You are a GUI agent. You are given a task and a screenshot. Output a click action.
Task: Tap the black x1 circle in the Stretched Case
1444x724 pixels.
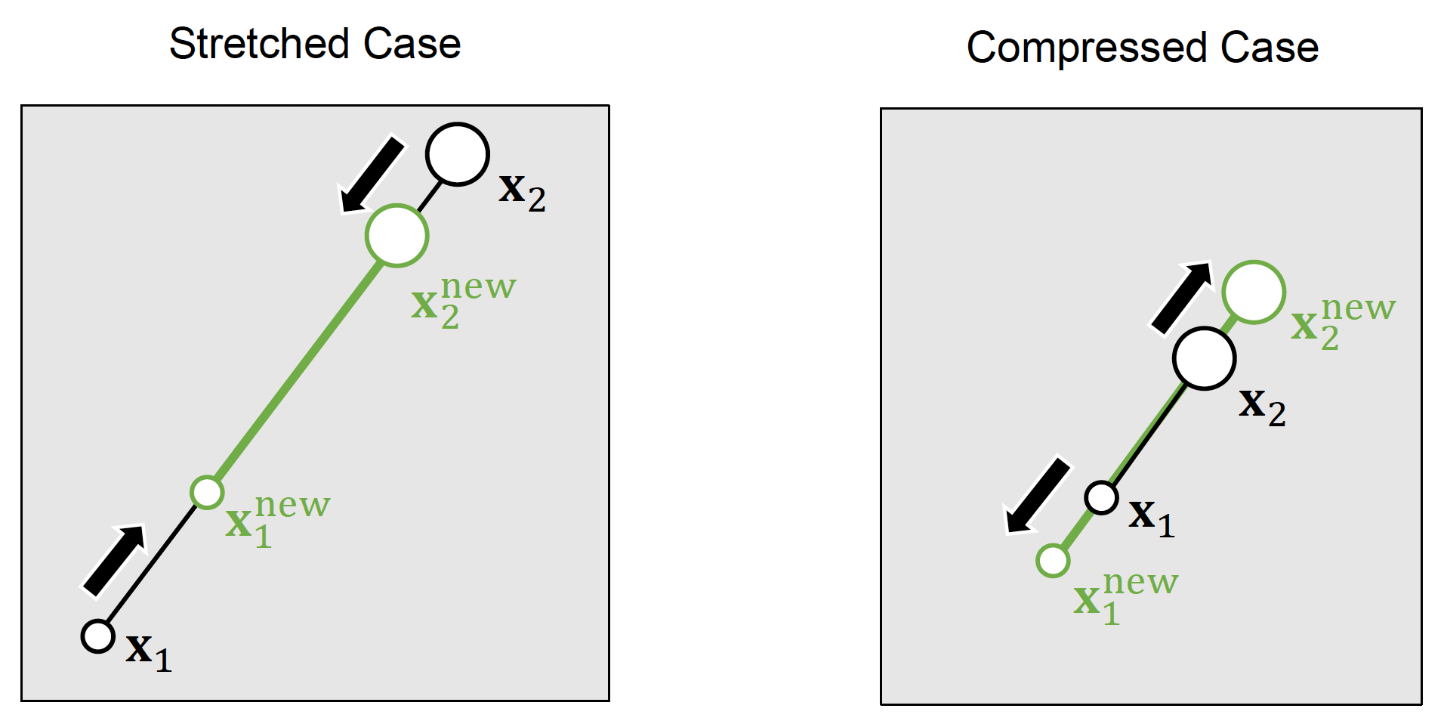(97, 636)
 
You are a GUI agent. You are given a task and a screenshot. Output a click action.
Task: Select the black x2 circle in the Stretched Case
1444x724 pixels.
(457, 154)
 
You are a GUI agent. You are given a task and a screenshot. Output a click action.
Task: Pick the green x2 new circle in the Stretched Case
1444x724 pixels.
(396, 236)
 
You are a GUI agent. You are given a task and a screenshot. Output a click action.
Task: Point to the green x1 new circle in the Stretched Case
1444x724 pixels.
(207, 493)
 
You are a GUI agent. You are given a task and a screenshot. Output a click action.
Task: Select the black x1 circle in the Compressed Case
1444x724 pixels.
(1101, 498)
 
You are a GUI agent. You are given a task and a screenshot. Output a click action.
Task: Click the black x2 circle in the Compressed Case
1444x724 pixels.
(1204, 358)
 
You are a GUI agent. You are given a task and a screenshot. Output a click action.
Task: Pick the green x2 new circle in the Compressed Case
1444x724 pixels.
(1254, 292)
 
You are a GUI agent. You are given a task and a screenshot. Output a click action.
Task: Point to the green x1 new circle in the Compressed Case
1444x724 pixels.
(1053, 561)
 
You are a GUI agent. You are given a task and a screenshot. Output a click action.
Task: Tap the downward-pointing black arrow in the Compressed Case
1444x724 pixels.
(1038, 496)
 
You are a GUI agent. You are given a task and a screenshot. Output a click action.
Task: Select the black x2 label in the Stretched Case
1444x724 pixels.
(521, 192)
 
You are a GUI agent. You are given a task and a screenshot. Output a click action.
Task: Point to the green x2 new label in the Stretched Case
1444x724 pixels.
(463, 301)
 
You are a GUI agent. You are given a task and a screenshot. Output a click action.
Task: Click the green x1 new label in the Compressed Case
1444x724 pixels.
(1125, 597)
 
